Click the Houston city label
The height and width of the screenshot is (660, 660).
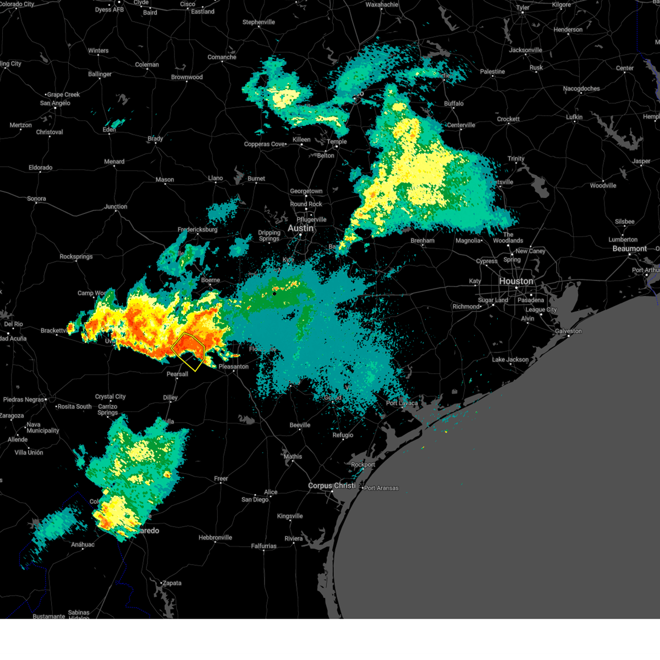516,281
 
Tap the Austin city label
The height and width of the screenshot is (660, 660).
300,228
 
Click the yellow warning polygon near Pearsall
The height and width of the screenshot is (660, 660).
188,351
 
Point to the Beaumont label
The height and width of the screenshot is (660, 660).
630,249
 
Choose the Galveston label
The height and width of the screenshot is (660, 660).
568,331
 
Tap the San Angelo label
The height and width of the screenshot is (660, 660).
55,103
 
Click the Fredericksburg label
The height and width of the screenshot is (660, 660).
197,229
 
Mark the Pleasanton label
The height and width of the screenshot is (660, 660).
234,366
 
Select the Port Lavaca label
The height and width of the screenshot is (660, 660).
402,403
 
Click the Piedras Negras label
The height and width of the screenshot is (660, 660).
23,400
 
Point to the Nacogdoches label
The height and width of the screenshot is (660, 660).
581,89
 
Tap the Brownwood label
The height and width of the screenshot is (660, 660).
187,77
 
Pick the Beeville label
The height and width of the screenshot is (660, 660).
300,425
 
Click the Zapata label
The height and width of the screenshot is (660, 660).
172,583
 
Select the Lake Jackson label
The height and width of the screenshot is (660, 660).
510,360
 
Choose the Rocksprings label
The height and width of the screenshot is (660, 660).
76,257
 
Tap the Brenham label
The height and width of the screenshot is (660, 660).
422,240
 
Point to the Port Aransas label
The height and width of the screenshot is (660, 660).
381,488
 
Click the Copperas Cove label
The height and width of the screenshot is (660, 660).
265,144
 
